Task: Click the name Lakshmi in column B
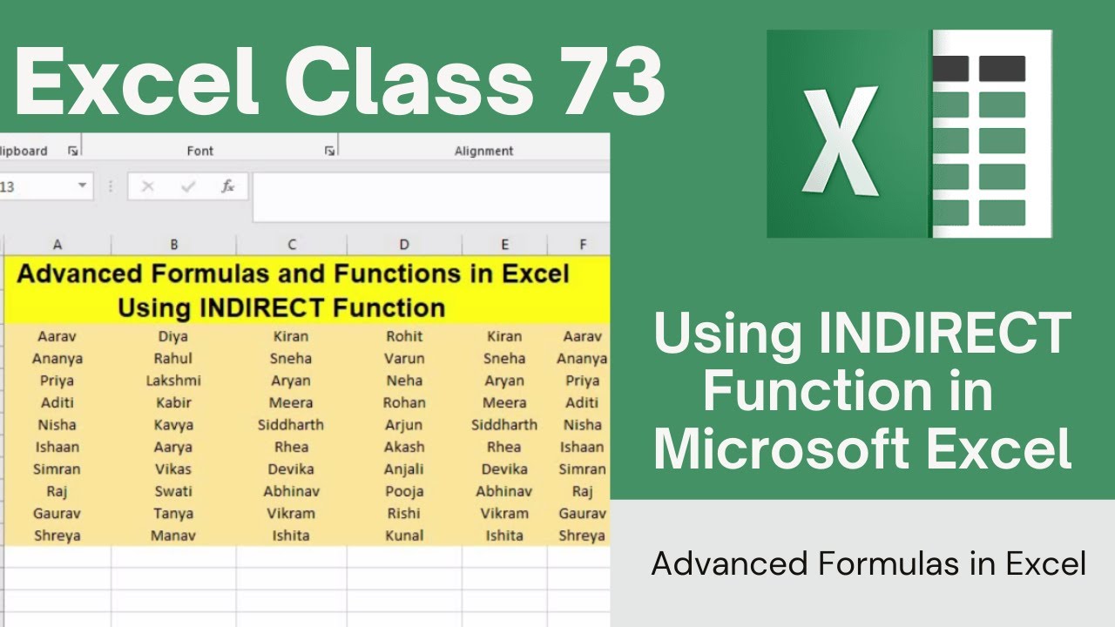[173, 381]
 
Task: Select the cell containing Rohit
[404, 336]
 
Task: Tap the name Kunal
[404, 536]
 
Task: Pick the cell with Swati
[173, 491]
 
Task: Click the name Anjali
[404, 469]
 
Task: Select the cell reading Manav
[173, 536]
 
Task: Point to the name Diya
[173, 336]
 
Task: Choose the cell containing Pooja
[404, 491]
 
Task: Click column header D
[404, 245]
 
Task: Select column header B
[173, 245]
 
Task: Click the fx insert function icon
[227, 186]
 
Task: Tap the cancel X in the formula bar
[147, 186]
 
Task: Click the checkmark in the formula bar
[187, 186]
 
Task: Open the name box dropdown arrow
[83, 185]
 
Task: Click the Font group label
[199, 151]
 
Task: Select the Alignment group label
[483, 151]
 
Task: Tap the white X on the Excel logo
[839, 140]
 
